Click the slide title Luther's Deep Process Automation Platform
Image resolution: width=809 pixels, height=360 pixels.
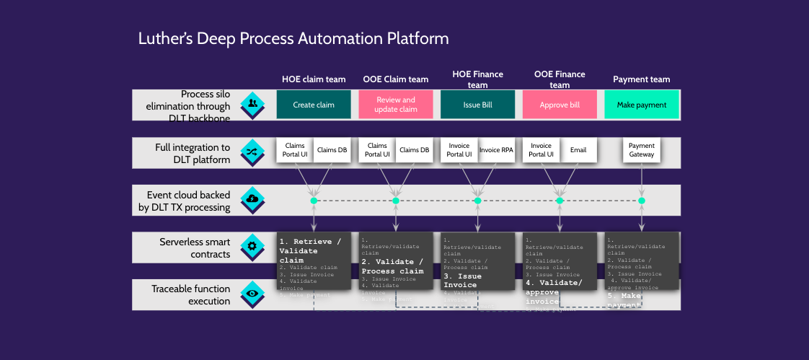pyautogui.click(x=293, y=38)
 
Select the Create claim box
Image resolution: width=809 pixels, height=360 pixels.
pyautogui.click(x=314, y=105)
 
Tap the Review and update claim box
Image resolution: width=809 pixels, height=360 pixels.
pyautogui.click(x=396, y=105)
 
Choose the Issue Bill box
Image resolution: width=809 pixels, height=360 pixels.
pyautogui.click(x=477, y=105)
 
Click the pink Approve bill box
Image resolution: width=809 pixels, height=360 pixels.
pyautogui.click(x=560, y=105)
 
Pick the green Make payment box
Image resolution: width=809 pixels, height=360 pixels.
pyautogui.click(x=642, y=105)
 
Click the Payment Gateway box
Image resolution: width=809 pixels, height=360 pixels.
pyautogui.click(x=642, y=150)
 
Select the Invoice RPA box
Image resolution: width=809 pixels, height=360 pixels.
pyautogui.click(x=495, y=150)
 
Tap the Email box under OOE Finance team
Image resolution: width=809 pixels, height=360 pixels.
pyautogui.click(x=578, y=150)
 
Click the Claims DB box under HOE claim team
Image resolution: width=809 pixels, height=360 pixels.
pyautogui.click(x=332, y=150)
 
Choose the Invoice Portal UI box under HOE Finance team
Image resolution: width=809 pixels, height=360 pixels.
pyautogui.click(x=459, y=150)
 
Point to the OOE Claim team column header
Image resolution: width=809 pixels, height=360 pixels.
pyautogui.click(x=395, y=79)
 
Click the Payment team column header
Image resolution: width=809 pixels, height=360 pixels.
pyautogui.click(x=642, y=79)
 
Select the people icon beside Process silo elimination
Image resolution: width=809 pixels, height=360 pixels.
pyautogui.click(x=252, y=104)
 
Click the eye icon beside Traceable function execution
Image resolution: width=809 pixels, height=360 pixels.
pyautogui.click(x=252, y=294)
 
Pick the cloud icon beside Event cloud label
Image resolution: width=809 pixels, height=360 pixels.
pyautogui.click(x=252, y=199)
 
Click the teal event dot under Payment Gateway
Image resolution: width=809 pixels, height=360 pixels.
pyautogui.click(x=642, y=201)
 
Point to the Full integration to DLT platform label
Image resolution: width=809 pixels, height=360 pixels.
pyautogui.click(x=193, y=153)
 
